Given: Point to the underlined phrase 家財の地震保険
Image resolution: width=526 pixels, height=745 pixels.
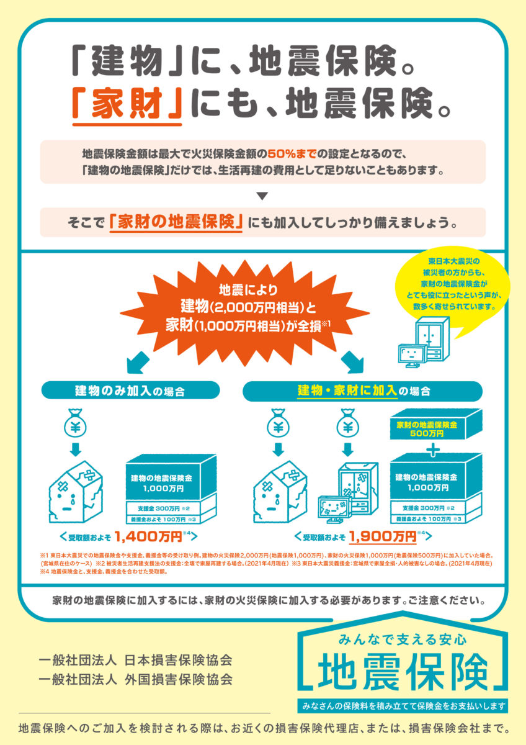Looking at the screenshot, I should click(175, 222).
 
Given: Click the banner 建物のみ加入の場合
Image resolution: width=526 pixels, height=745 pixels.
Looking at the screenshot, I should click(131, 391).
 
